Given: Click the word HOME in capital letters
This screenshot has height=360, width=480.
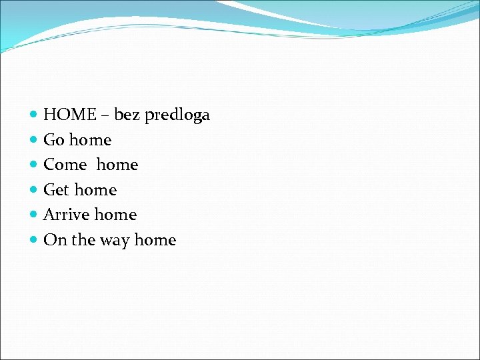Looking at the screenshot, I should point(70,115).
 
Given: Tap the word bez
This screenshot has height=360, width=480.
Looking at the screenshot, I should point(127,115).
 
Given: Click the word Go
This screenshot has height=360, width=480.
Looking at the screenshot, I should point(53,140).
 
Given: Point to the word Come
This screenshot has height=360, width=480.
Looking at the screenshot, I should point(65,165).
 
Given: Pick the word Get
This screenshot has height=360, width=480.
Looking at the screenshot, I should point(56,190).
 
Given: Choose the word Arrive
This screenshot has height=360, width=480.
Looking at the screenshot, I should point(67,215).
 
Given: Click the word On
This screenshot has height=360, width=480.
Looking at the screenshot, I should point(55,240).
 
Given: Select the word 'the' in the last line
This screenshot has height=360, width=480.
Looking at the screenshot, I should point(83,240).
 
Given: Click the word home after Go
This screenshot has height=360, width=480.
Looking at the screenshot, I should point(90,140).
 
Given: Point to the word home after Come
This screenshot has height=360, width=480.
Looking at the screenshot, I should point(117,165).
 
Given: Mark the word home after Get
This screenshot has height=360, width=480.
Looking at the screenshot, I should point(95,190).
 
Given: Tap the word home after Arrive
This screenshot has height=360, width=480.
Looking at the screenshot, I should point(115,215).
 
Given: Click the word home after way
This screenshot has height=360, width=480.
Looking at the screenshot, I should point(155,240).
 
